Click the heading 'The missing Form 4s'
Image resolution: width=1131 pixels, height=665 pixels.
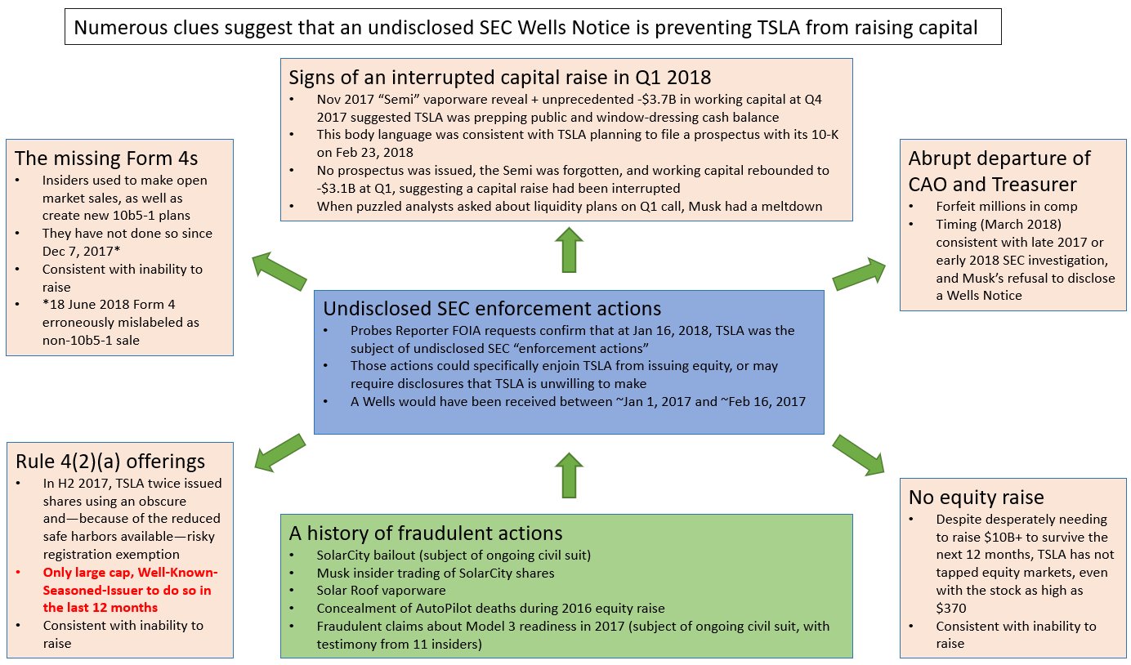click(106, 158)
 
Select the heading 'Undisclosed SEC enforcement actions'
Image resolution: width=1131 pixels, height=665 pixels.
click(492, 309)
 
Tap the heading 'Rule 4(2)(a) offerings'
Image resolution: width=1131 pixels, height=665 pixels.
click(110, 462)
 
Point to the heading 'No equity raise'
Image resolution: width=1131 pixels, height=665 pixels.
click(976, 498)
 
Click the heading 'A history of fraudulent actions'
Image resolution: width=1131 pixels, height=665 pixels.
click(426, 533)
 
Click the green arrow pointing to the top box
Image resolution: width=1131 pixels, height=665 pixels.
click(569, 250)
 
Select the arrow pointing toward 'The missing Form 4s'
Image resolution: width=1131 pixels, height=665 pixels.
click(279, 270)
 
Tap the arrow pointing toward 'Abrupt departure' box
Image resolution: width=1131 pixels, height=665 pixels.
click(859, 274)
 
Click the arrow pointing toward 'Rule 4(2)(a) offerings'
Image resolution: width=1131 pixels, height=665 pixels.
click(279, 453)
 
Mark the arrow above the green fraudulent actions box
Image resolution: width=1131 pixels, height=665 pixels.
click(569, 475)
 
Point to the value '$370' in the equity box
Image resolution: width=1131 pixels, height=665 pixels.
click(950, 609)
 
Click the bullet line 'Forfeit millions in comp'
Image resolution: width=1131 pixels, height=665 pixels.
click(1006, 207)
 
